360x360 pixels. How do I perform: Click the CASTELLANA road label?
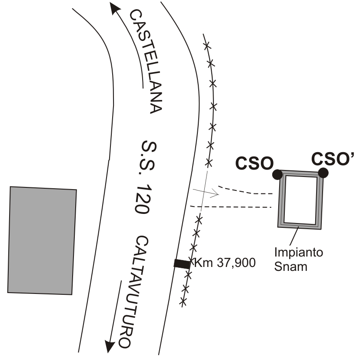click(146, 61)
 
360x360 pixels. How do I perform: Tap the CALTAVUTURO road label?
click(130, 292)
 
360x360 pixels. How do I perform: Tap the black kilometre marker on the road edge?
click(182, 263)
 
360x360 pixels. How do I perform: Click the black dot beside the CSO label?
click(277, 175)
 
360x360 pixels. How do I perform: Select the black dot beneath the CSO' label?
click(322, 173)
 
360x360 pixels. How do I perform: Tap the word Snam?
click(290, 266)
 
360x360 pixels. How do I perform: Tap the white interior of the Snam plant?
click(300, 200)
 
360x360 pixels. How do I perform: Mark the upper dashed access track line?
click(243, 190)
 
